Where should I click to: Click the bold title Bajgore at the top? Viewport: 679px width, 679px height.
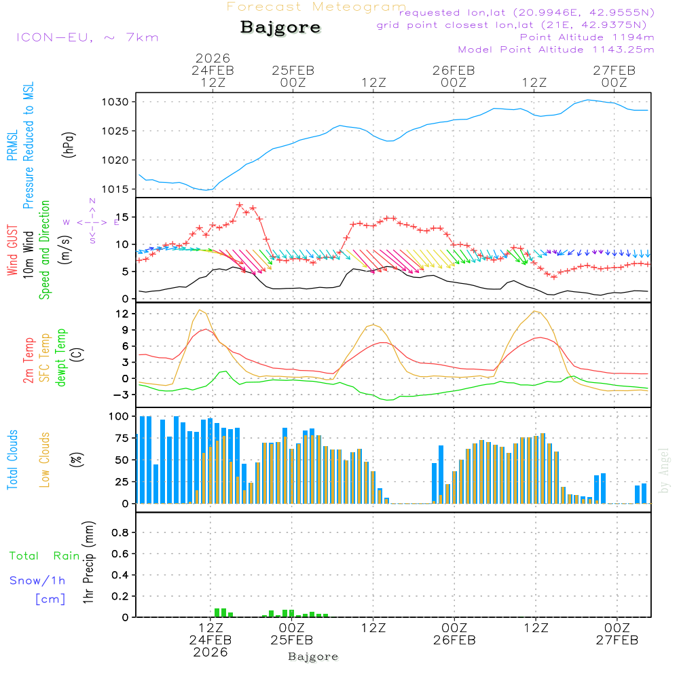(x=280, y=28)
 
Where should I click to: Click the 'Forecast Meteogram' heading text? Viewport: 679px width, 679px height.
(x=316, y=7)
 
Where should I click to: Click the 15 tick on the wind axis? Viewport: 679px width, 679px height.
(x=126, y=217)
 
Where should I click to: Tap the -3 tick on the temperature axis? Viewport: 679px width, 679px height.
(x=124, y=394)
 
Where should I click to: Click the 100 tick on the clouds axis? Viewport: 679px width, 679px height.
(x=120, y=416)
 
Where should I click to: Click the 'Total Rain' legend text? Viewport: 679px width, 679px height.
(x=44, y=556)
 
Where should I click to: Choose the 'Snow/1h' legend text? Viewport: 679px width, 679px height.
(x=38, y=581)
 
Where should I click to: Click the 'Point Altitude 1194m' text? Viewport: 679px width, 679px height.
(x=587, y=37)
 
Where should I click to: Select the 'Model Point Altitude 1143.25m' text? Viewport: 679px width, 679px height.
(x=556, y=50)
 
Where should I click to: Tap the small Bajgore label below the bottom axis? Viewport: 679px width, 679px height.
(x=313, y=657)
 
